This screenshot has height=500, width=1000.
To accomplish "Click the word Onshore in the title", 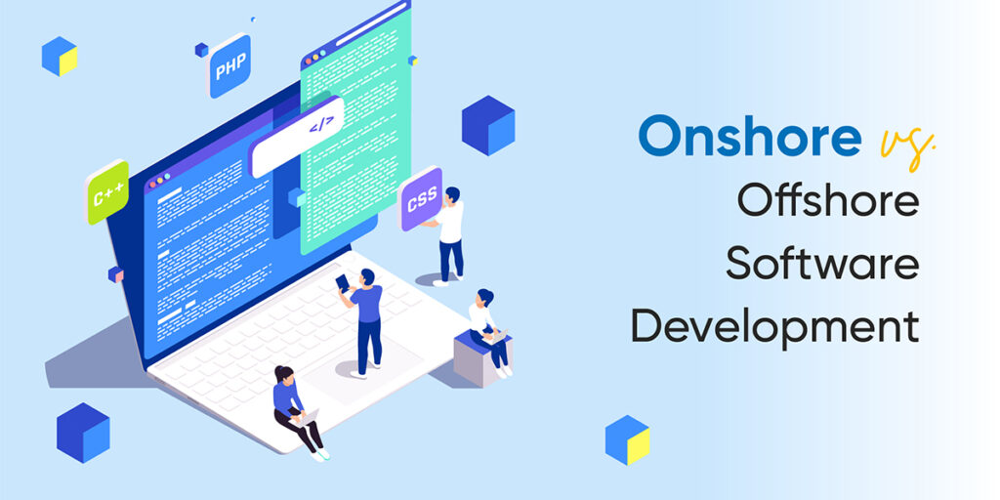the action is tap(749, 135).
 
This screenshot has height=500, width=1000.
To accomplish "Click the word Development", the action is tap(774, 326).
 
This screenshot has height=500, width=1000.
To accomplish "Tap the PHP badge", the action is tap(229, 65).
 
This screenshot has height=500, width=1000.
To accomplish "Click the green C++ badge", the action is tap(107, 192).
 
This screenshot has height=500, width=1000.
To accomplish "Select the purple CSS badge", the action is tap(421, 199).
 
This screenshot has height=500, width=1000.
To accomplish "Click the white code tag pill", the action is tap(296, 137).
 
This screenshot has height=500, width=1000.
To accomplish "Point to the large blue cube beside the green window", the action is tap(488, 125).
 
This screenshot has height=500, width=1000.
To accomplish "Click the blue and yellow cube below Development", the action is tap(628, 439).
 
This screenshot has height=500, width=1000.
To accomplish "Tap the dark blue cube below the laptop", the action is tap(83, 433).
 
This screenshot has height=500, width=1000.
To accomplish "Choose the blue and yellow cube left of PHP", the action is tap(60, 56).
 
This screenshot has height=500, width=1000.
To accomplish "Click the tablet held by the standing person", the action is tap(343, 282).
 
